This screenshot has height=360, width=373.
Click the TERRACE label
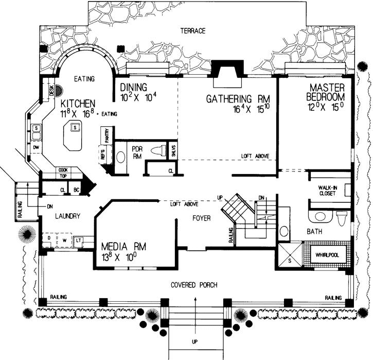coord(193,31)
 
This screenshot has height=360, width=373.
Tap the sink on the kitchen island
coord(75,127)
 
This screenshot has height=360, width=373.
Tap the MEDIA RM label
coord(123,247)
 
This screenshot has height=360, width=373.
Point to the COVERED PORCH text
coord(195,285)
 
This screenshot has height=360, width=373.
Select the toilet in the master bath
coord(341,218)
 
